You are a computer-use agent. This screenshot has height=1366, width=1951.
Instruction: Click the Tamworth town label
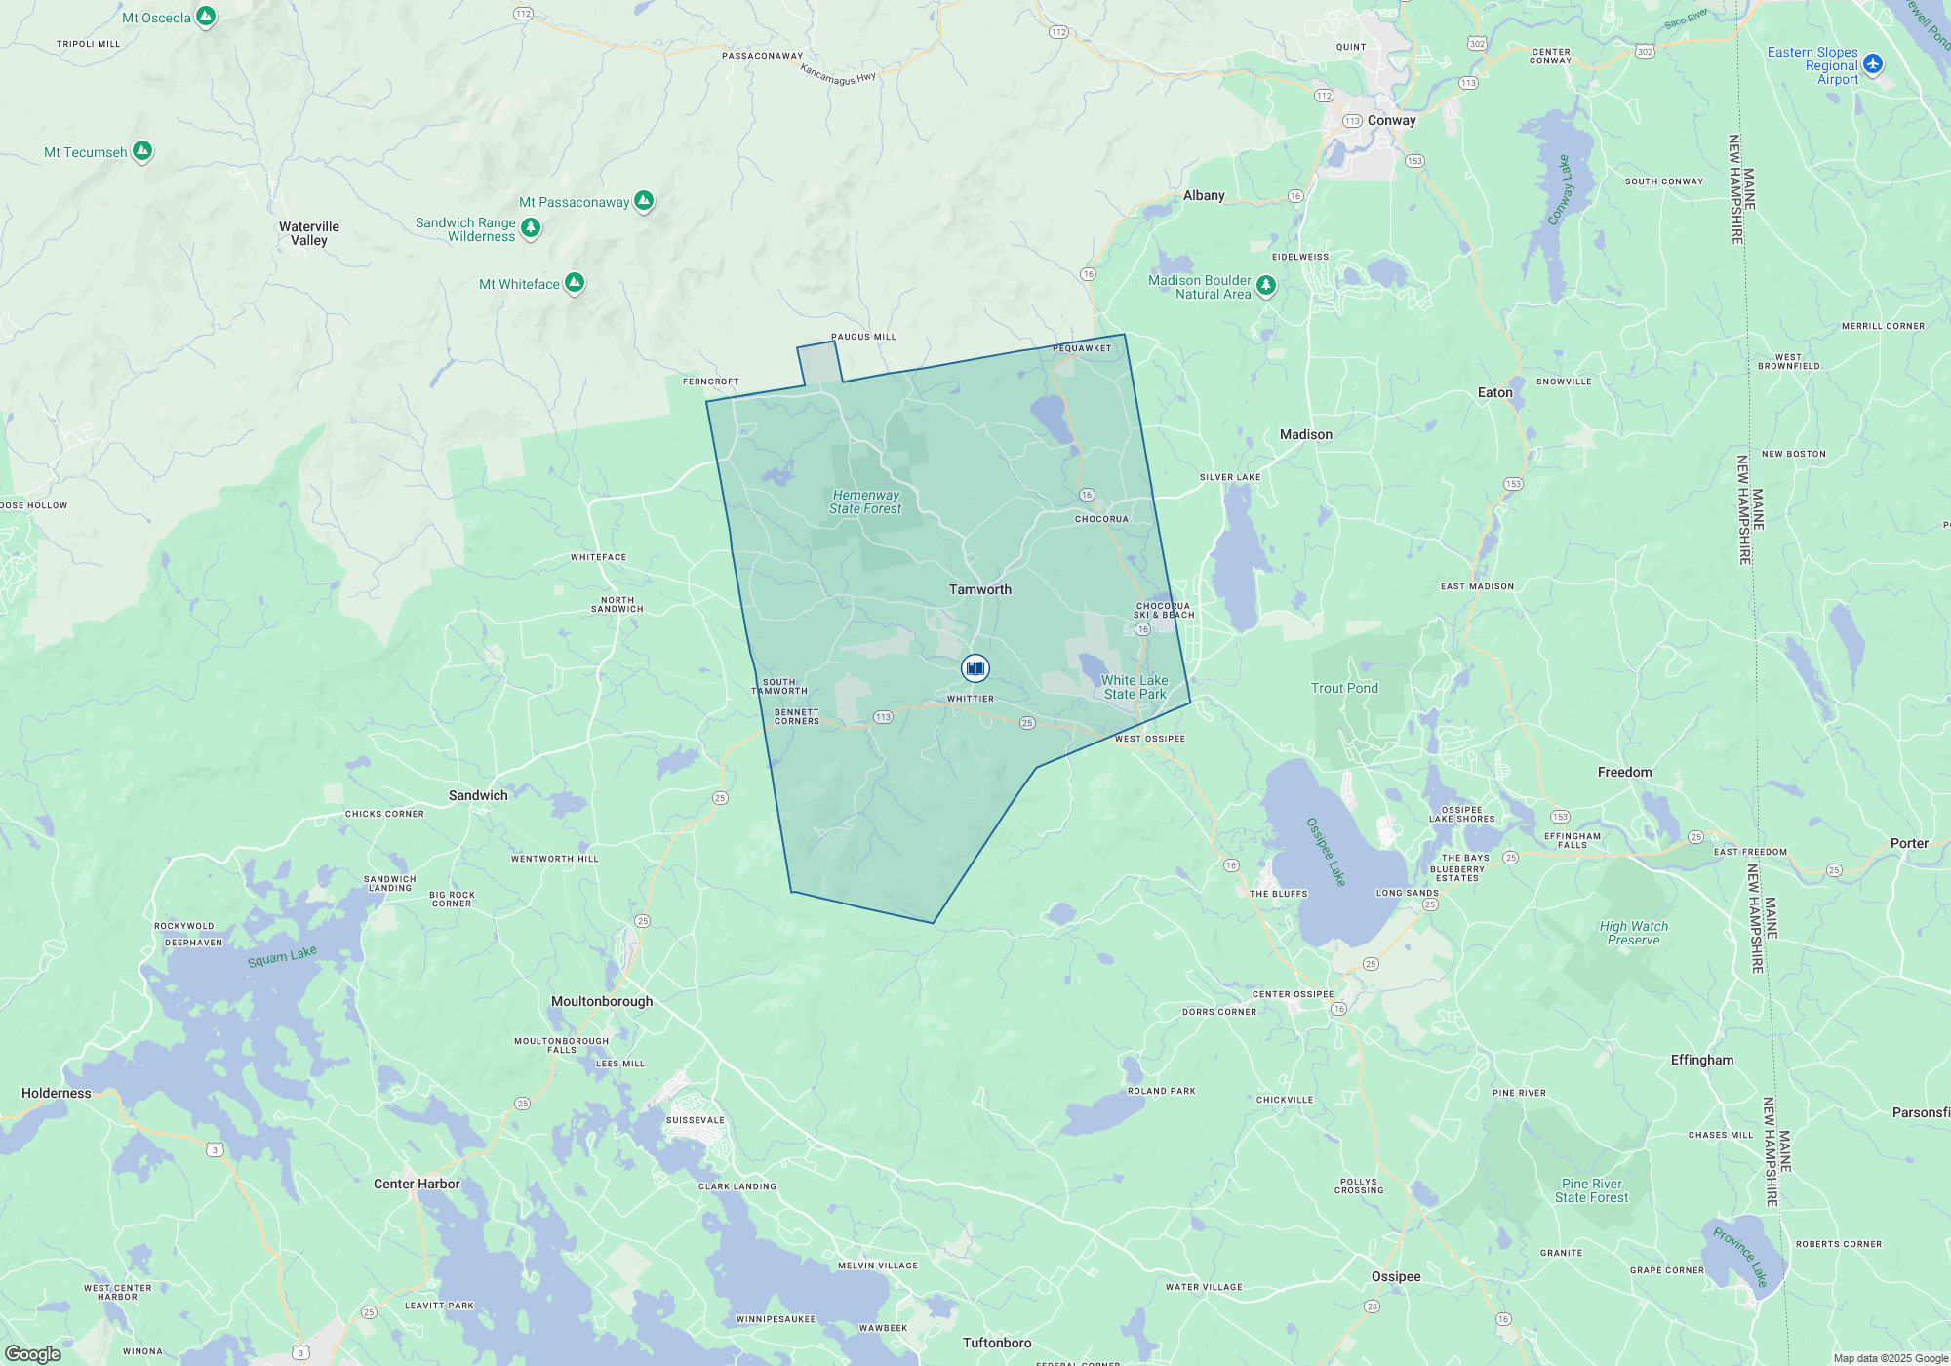(980, 589)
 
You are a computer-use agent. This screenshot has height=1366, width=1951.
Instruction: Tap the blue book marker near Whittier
(975, 668)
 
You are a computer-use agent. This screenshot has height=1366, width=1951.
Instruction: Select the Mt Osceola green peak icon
(206, 17)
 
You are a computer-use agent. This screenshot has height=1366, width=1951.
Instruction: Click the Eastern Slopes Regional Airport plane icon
(1872, 64)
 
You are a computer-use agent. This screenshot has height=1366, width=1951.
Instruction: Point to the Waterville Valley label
(309, 233)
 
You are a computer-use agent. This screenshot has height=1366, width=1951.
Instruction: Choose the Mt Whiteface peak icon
(575, 283)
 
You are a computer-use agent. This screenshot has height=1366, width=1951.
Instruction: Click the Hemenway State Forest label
(865, 502)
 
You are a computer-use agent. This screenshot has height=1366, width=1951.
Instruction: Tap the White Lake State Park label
(1135, 687)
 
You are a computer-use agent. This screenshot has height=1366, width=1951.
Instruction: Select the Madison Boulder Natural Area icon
(1266, 285)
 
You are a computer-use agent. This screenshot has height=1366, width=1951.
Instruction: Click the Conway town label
(1391, 120)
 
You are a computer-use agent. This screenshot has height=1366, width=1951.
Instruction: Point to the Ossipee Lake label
(1326, 852)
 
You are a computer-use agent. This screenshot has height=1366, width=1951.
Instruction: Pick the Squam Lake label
(282, 956)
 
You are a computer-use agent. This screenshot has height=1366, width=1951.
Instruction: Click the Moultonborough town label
(602, 1001)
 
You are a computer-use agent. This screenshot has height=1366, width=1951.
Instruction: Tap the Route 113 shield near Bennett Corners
(883, 717)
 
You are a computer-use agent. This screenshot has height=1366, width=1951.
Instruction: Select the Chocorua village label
(1101, 519)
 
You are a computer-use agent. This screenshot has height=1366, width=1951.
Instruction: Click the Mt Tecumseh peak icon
(142, 150)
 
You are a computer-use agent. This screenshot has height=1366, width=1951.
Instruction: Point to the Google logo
(32, 1354)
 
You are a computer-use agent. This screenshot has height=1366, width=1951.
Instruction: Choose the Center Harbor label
(417, 1184)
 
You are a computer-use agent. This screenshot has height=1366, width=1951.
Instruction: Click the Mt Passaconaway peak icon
(644, 201)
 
